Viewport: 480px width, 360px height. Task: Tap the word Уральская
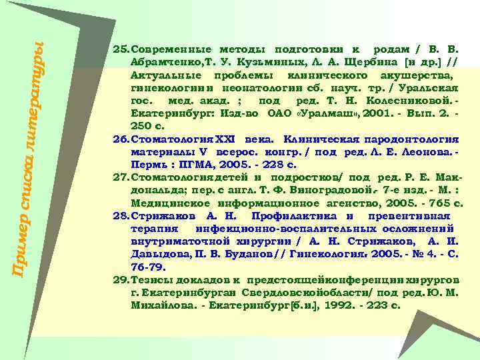point(427,89)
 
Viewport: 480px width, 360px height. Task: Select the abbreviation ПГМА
point(200,165)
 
